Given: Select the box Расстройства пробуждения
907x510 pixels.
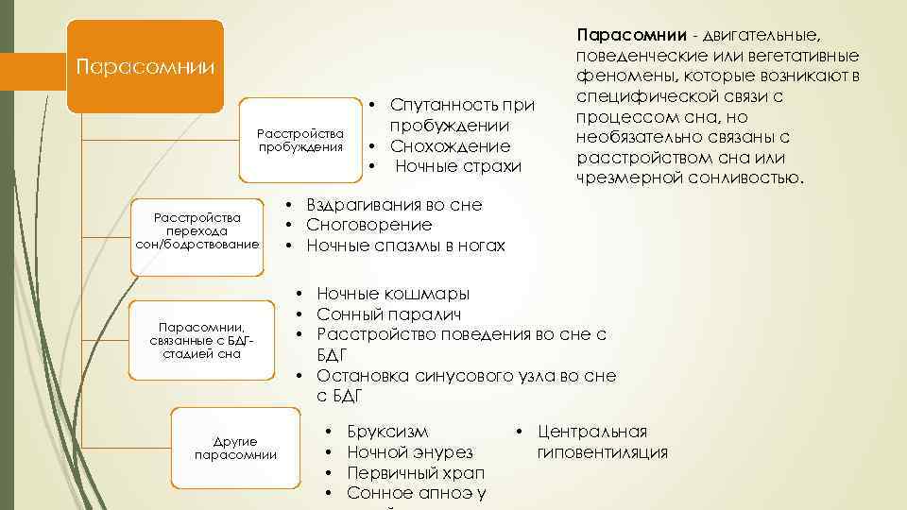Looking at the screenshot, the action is pyautogui.click(x=300, y=140).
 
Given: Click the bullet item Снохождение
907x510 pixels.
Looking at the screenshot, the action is pyautogui.click(x=451, y=146).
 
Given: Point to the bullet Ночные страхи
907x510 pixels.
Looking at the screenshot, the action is pyautogui.click(x=458, y=167).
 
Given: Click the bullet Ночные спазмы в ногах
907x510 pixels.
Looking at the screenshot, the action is pyautogui.click(x=406, y=246).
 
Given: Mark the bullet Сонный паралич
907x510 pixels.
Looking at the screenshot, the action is pyautogui.click(x=389, y=314).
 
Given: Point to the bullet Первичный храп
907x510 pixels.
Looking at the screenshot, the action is pyautogui.click(x=416, y=472).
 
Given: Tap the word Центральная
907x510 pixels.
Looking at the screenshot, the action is pyautogui.click(x=592, y=432).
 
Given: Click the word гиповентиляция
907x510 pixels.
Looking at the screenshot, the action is pyautogui.click(x=603, y=452).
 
